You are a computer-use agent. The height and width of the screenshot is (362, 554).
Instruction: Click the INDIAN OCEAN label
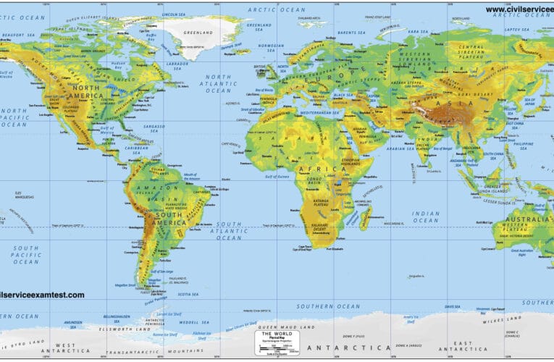427,217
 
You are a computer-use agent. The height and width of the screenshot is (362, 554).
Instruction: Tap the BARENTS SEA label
351,32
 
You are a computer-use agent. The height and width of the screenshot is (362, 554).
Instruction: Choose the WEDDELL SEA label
194,321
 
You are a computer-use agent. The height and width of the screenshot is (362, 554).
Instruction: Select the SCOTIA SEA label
187,294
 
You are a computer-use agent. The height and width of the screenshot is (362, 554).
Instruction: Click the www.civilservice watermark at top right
519,9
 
